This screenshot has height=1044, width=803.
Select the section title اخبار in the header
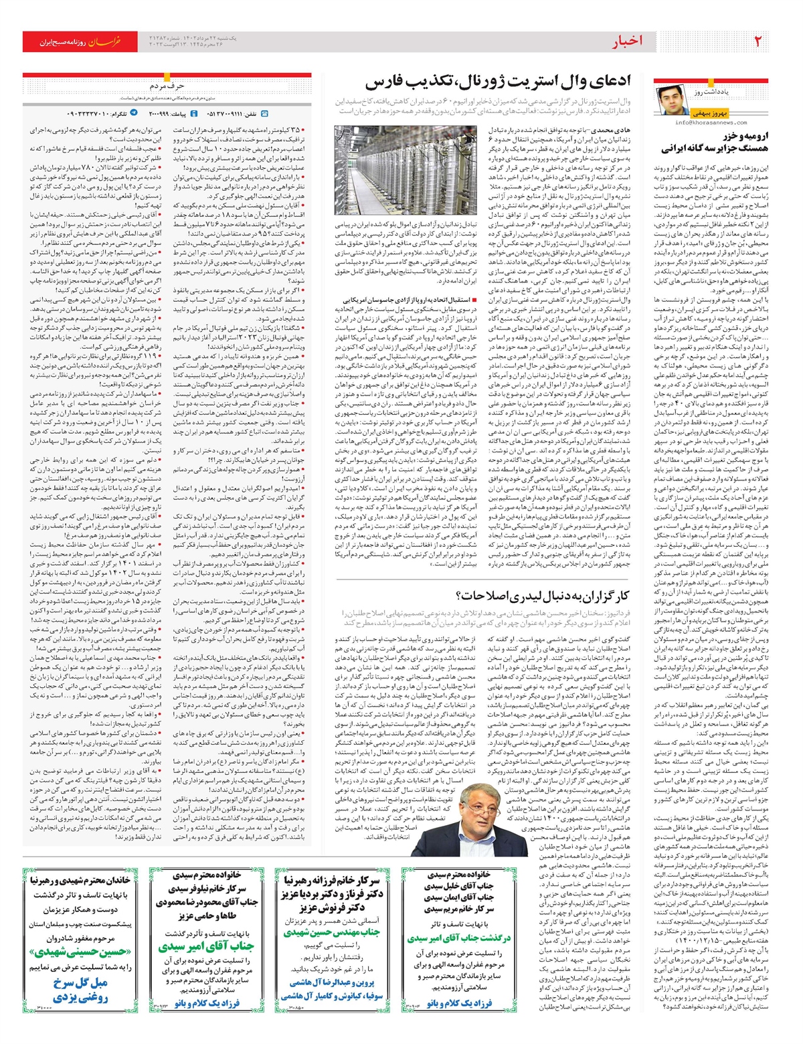pyautogui.click(x=628, y=41)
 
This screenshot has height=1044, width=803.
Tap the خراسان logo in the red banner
pyautogui.click(x=106, y=41)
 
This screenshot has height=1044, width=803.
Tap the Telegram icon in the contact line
pyautogui.click(x=134, y=114)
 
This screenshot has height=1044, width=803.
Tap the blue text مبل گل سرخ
pyautogui.click(x=80, y=982)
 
